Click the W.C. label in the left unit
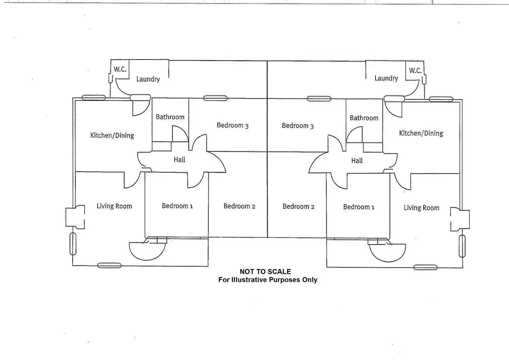[x=120, y=69]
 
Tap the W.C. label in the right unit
[x=415, y=71]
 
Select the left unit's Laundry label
[x=148, y=79]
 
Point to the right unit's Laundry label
[x=386, y=79]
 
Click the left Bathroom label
[x=170, y=117]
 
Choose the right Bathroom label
[x=364, y=118]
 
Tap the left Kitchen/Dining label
[x=112, y=135]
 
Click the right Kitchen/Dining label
[x=421, y=133]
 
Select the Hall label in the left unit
[x=179, y=159]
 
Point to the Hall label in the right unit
[x=357, y=160]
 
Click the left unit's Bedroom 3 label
[x=232, y=125]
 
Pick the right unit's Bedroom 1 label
[x=359, y=207]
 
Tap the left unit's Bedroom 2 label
[x=239, y=206]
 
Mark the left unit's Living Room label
[x=114, y=206]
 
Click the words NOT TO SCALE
[x=265, y=271]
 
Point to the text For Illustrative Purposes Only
[x=268, y=280]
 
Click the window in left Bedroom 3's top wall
[x=215, y=99]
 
